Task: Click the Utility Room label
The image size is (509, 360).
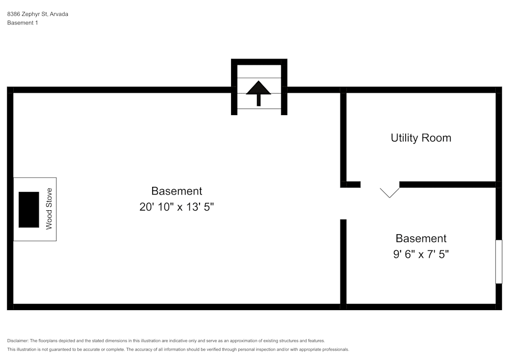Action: point(421,138)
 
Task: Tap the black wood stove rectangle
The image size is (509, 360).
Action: point(29,210)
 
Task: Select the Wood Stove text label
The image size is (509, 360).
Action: point(49,209)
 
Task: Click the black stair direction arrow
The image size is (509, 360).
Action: point(259,93)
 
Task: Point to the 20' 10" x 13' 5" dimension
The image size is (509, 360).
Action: point(177,207)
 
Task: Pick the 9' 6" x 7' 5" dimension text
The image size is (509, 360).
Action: point(421,254)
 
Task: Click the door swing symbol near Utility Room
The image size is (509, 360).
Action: point(389,192)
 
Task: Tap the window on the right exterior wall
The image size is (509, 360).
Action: point(499,262)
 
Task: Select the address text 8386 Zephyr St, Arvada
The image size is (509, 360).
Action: point(38,14)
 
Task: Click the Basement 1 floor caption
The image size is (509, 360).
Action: point(22,23)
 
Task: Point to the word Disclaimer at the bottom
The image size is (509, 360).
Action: point(18,341)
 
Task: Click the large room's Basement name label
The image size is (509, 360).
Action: point(177,191)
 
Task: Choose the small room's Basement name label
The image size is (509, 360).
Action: point(421,238)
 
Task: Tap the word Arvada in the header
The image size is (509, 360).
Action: point(59,14)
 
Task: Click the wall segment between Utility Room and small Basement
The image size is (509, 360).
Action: point(448,184)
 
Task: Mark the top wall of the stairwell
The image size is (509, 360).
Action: point(259,62)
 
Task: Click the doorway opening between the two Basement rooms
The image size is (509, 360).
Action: point(343,204)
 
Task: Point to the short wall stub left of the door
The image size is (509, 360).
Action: point(351,184)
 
